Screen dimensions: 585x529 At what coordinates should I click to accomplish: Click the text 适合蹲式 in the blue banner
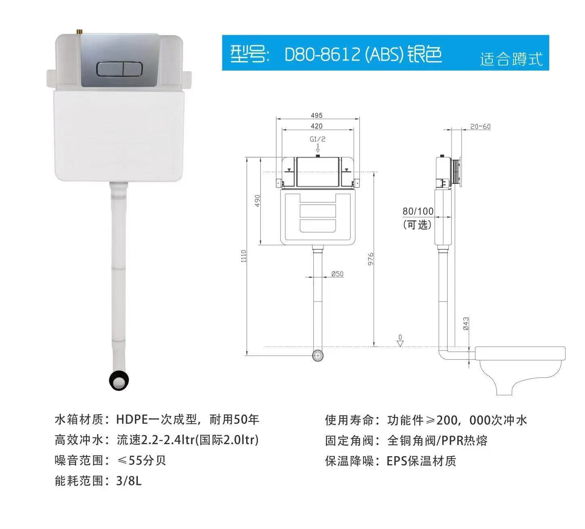(x=511, y=59)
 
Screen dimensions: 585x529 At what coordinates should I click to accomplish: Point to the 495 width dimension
(x=317, y=116)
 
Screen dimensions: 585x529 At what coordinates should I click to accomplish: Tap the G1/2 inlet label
(x=317, y=139)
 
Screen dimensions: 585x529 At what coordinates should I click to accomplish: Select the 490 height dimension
(x=258, y=201)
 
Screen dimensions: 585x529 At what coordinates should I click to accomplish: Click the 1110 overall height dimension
(x=244, y=257)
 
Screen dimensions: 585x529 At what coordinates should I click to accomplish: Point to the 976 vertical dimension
(x=371, y=259)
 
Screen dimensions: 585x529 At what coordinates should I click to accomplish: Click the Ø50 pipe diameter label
(x=337, y=274)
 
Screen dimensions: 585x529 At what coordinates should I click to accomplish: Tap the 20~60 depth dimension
(x=480, y=126)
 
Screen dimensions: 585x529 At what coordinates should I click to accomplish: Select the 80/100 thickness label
(x=418, y=211)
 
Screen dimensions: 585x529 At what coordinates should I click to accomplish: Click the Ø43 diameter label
(x=466, y=324)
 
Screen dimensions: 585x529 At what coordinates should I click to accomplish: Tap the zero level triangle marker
(x=400, y=343)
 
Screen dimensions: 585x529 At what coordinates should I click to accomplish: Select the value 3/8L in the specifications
(x=129, y=481)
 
